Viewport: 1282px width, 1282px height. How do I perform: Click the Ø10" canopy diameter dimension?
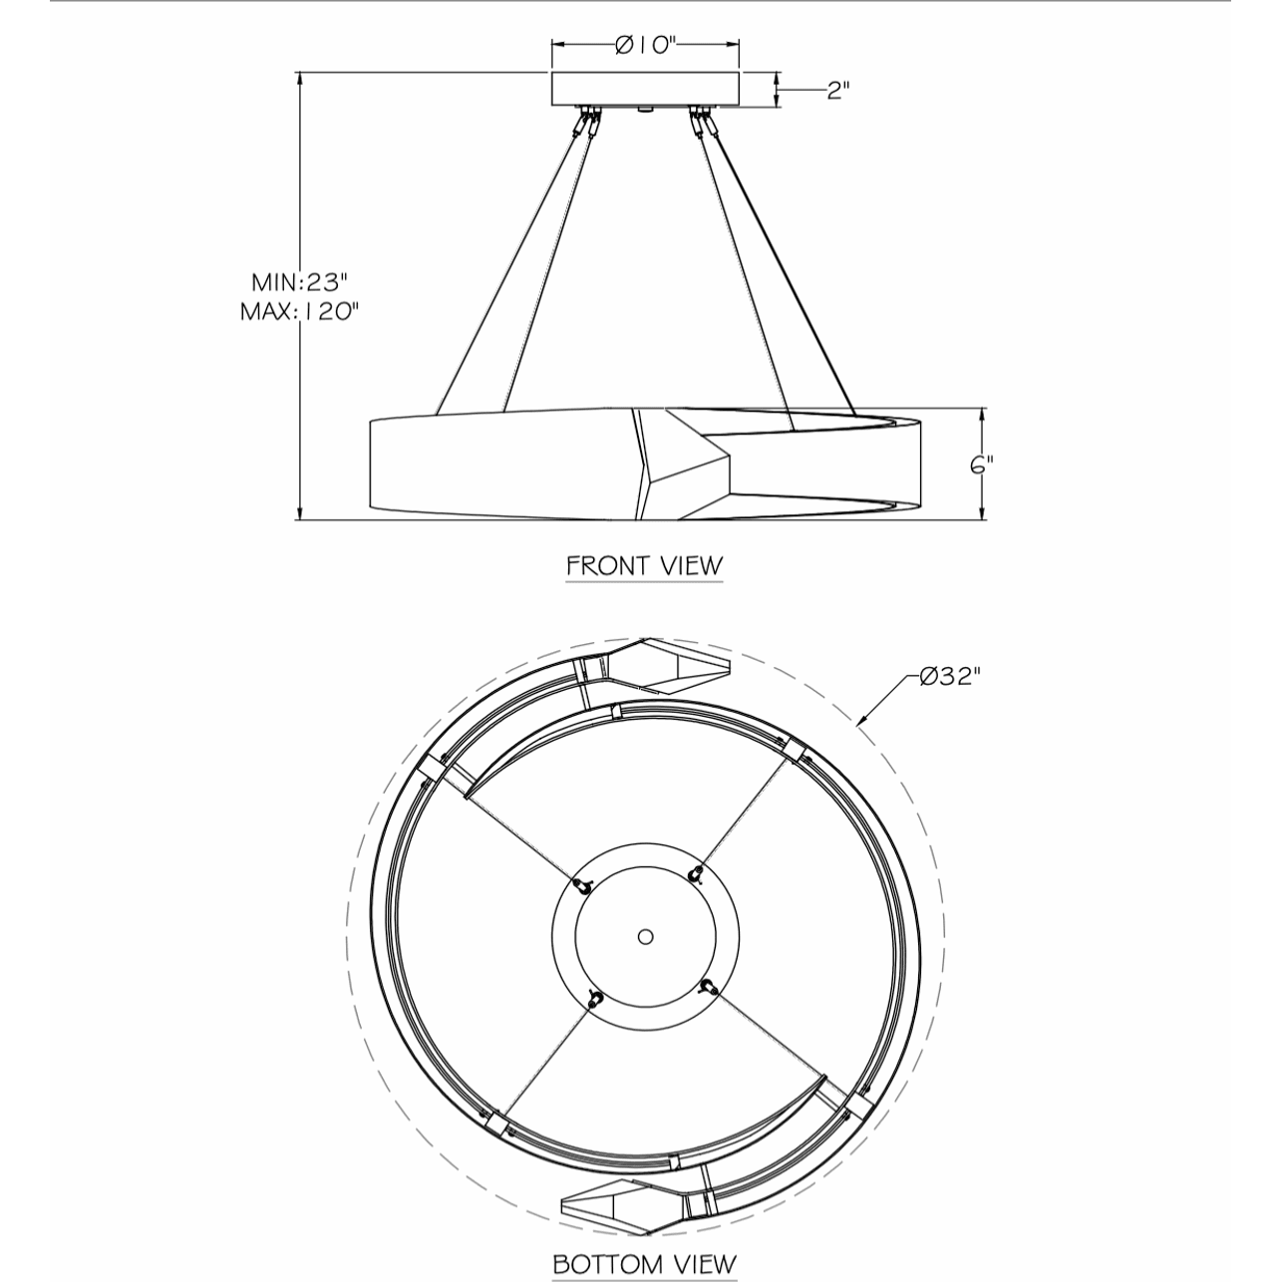click(x=645, y=45)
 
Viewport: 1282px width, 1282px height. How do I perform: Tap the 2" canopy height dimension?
click(x=838, y=90)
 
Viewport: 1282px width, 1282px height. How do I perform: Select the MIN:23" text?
click(x=300, y=282)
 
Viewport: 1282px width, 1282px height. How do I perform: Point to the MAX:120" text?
click(x=299, y=311)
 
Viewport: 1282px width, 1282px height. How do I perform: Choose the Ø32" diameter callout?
click(x=951, y=677)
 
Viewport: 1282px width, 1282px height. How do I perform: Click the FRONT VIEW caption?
click(x=644, y=565)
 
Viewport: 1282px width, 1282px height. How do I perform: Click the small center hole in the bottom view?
click(x=645, y=937)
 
